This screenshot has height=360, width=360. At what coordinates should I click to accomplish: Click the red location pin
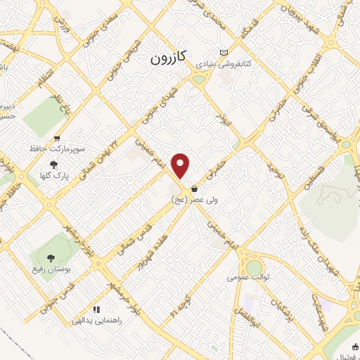(181, 165)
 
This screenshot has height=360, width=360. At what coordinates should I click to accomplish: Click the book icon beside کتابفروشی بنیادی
(224, 53)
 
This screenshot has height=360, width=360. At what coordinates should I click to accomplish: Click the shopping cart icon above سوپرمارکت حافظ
(57, 139)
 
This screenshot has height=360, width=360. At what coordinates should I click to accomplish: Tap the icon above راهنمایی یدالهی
(96, 309)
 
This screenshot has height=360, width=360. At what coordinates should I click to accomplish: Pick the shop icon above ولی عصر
(193, 188)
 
